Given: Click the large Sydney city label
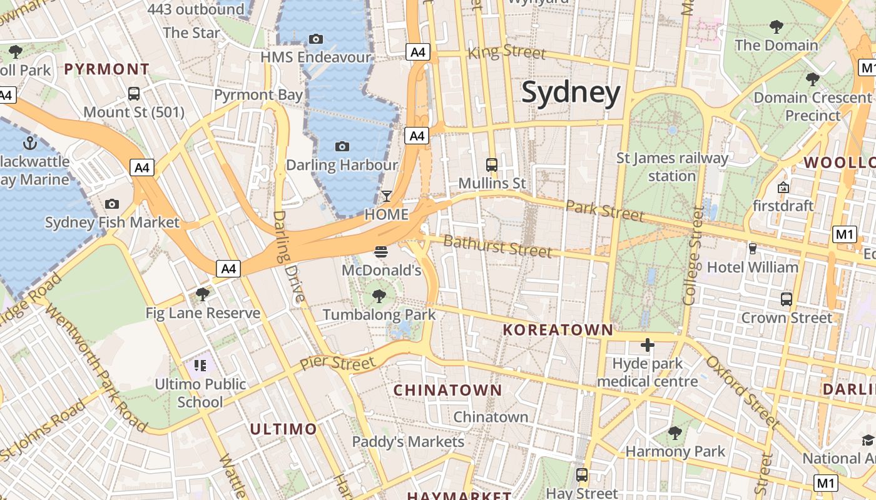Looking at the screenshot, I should [571, 92].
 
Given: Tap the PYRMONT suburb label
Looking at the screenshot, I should [107, 69].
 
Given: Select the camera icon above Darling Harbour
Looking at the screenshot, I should [342, 146].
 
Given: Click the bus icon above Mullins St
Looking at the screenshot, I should [492, 165].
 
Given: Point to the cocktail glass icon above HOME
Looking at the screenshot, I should [387, 196].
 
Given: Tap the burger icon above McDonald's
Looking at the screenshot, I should [381, 252].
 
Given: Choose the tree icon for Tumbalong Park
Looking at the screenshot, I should [379, 296].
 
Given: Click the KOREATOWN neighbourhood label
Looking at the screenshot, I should [558, 330].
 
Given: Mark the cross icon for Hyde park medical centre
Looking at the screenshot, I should [647, 345].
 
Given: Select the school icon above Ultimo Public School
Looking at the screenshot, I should [200, 365].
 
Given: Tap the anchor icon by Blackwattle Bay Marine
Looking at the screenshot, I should [29, 143].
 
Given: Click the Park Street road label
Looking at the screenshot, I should [604, 211].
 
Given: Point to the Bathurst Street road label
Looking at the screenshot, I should [497, 246].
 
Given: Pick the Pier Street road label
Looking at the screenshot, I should [337, 362].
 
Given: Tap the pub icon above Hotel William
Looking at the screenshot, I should [752, 249].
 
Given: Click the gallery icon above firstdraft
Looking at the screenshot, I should [783, 187].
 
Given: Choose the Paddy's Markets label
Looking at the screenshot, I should [408, 442].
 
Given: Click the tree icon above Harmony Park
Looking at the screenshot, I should [675, 432].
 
